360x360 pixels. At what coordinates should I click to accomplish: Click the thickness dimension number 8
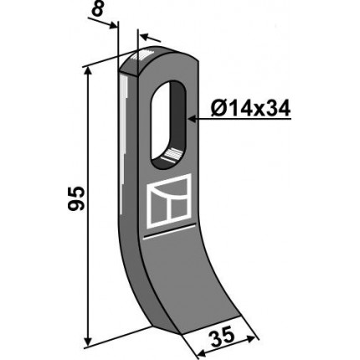pyautogui.click(x=97, y=11)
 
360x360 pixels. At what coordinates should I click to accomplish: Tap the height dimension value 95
pyautogui.click(x=76, y=198)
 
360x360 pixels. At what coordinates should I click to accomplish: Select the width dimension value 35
pyautogui.click(x=222, y=337)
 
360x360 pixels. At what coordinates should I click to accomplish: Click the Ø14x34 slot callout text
pyautogui.click(x=250, y=109)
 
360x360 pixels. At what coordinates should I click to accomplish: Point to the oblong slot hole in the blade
pyautogui.click(x=168, y=124)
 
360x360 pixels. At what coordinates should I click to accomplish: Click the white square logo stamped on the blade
pyautogui.click(x=169, y=201)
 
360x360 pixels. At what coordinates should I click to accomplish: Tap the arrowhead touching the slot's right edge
pyautogui.click(x=192, y=119)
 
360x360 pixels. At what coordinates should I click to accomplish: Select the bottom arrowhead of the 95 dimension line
pyautogui.click(x=88, y=341)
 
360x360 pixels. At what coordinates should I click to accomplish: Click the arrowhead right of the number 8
pyautogui.click(x=113, y=26)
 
